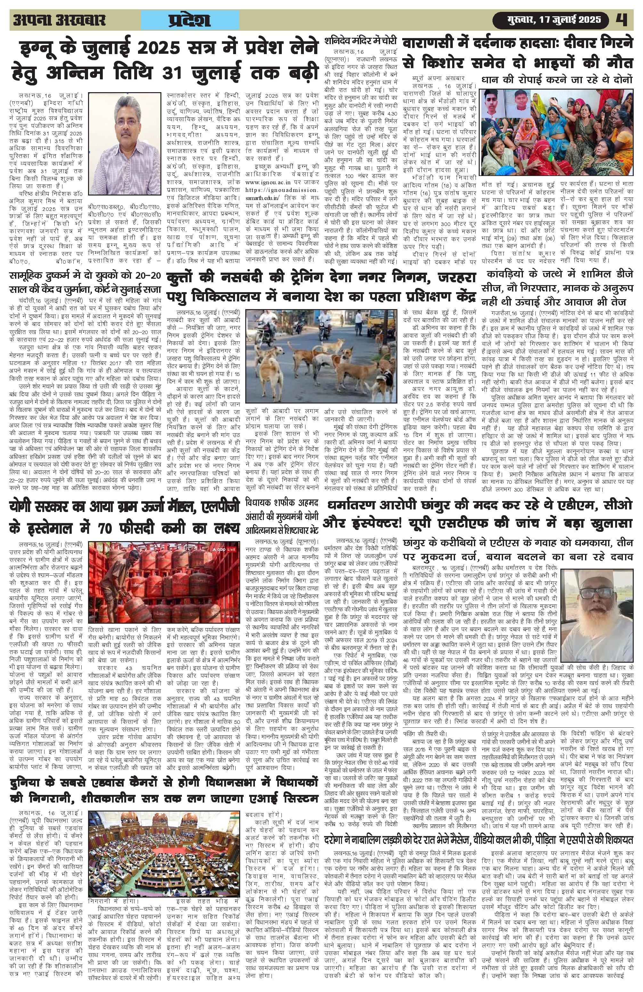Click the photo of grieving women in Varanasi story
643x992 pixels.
(x=557, y=130)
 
